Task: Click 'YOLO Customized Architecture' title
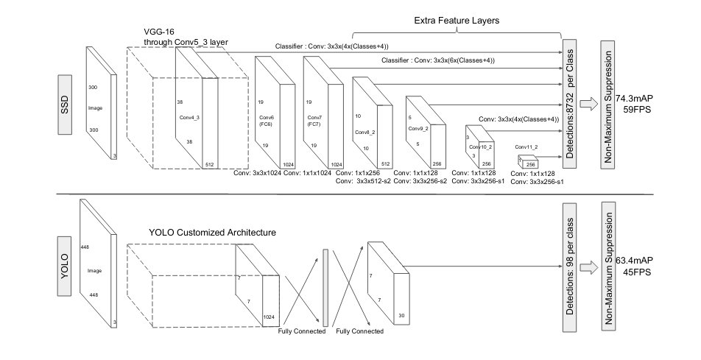(212, 233)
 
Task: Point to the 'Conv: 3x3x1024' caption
(257, 174)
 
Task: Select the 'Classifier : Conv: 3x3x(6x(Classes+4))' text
(437, 60)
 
